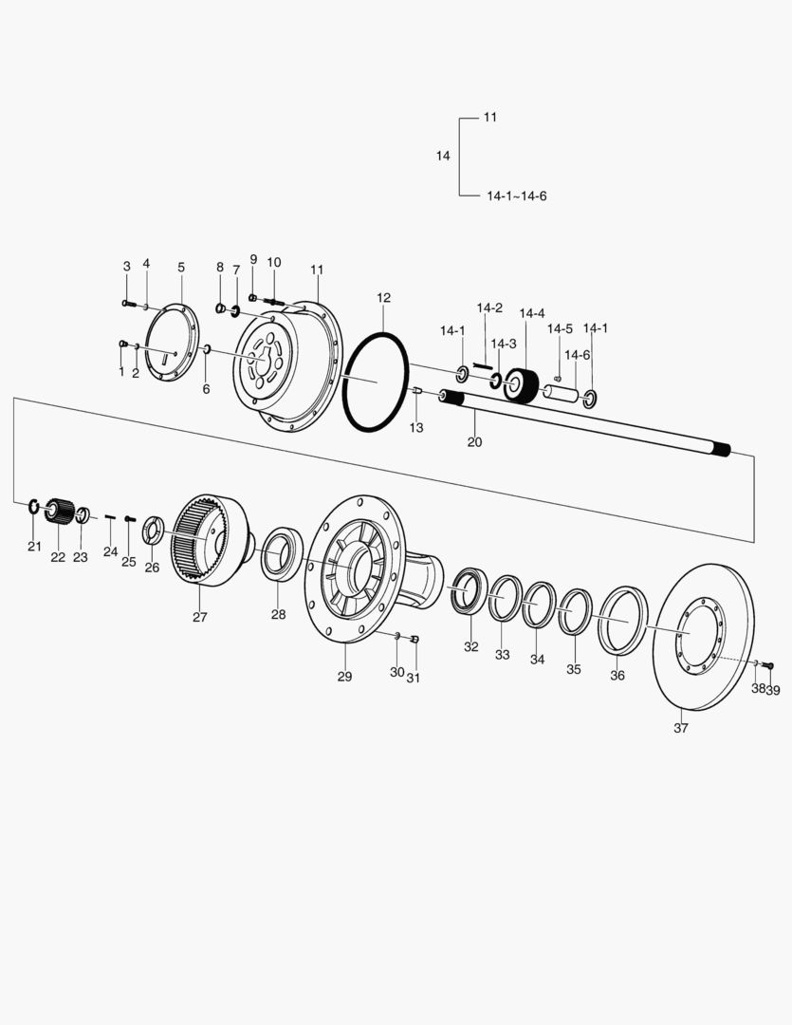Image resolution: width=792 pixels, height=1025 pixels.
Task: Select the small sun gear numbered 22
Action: [x=59, y=513]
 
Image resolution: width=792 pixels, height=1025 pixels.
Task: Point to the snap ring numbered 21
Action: [x=32, y=508]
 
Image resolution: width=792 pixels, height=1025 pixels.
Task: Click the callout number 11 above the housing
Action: [x=317, y=270]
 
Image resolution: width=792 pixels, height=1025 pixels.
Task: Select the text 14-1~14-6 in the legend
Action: [x=516, y=196]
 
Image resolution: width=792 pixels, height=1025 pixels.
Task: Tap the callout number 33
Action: [x=502, y=655]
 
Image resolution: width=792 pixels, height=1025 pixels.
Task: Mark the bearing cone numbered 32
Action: [x=467, y=592]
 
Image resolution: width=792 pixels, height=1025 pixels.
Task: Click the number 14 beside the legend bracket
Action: [x=443, y=156]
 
